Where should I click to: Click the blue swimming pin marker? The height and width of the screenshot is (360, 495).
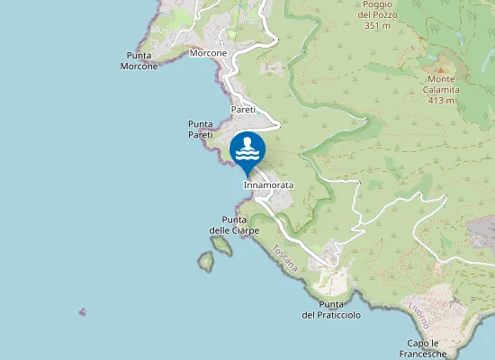click(x=247, y=151)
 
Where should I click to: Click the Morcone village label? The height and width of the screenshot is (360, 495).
click(x=209, y=53)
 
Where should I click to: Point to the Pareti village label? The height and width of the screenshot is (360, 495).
click(x=244, y=109)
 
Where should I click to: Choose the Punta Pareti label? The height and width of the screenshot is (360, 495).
click(x=200, y=129)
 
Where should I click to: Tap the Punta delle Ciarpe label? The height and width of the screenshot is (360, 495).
click(x=234, y=225)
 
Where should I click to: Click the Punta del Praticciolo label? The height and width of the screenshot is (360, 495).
click(x=331, y=310)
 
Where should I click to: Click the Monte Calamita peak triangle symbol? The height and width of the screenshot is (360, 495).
click(x=442, y=67)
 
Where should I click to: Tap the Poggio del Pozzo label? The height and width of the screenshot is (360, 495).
click(x=375, y=10)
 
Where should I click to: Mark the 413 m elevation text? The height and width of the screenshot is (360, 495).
click(x=442, y=100)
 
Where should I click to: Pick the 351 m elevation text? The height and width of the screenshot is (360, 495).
click(x=375, y=26)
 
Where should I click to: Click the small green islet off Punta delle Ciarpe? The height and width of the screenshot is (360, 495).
click(x=207, y=262)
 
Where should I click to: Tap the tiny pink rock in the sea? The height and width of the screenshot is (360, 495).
click(x=83, y=312)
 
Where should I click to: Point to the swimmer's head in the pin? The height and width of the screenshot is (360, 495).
click(x=247, y=139)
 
